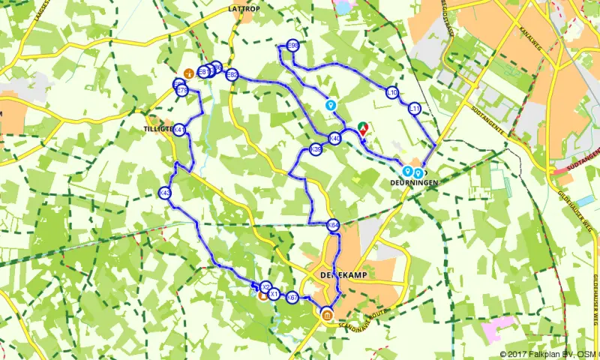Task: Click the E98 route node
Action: (292, 46)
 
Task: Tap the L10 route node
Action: (391, 93)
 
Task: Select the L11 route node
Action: (415, 109)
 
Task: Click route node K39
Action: (316, 151)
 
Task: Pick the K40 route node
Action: (335, 138)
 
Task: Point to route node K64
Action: (333, 224)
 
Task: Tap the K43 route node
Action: (166, 193)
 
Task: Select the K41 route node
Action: (180, 130)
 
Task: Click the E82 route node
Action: (232, 75)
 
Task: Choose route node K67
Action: (292, 298)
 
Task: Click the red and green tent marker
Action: (363, 128)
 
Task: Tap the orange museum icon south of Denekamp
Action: (327, 315)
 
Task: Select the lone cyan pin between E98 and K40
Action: (330, 105)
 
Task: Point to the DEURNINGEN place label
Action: (412, 182)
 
